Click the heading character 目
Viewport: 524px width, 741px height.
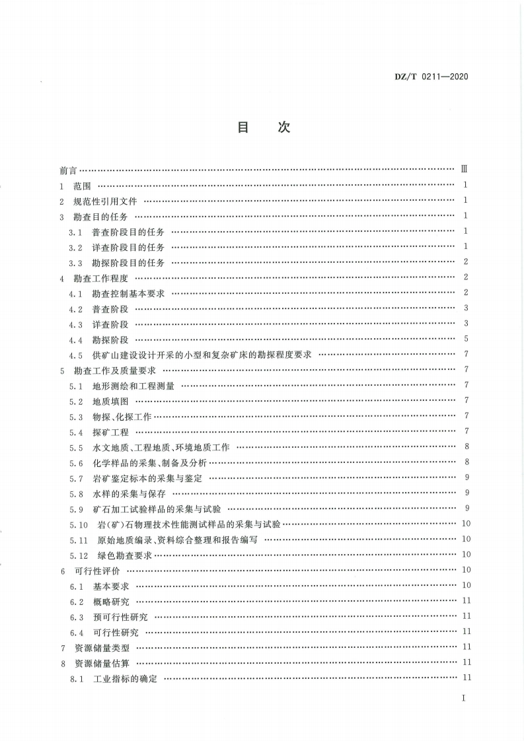click(x=243, y=127)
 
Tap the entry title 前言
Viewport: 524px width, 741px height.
click(x=67, y=170)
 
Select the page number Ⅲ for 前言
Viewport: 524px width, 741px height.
click(x=465, y=170)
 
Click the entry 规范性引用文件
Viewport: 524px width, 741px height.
click(x=105, y=201)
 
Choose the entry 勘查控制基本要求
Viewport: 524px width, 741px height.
click(x=128, y=293)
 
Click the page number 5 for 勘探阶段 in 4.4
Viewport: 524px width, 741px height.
click(x=466, y=339)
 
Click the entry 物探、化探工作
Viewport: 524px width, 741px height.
click(x=122, y=416)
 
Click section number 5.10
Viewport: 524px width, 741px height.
click(x=79, y=524)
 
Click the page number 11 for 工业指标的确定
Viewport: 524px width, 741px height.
click(x=466, y=678)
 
